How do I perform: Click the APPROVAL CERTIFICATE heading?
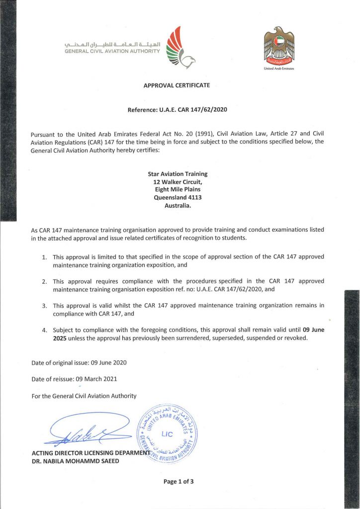[177, 85]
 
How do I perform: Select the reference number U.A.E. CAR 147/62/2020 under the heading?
[193, 109]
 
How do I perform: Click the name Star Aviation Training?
[178, 174]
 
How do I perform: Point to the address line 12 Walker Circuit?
[178, 182]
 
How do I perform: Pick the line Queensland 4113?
[178, 197]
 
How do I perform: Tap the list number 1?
[44, 257]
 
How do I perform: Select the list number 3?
[44, 305]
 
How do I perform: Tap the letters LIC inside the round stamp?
[168, 434]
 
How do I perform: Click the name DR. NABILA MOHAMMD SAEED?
[75, 461]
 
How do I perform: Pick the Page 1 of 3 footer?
[179, 481]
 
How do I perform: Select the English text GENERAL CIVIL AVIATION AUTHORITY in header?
[112, 51]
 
